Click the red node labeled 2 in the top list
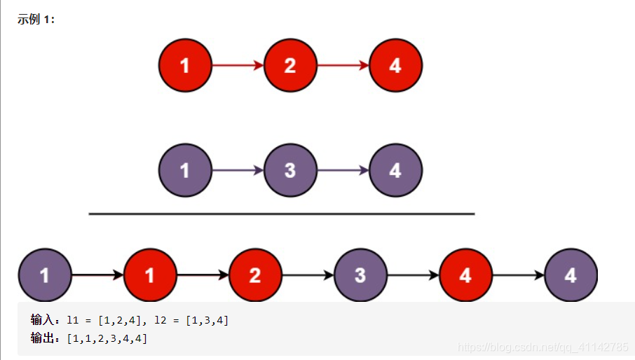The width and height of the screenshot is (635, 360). coord(290,66)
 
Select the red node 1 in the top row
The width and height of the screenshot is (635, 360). coord(185,66)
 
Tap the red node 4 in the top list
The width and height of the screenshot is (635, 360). coord(396,66)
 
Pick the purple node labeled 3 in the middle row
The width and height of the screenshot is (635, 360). coord(290,170)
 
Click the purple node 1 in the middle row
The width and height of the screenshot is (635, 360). coord(185,170)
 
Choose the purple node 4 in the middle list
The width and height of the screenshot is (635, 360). coord(396,170)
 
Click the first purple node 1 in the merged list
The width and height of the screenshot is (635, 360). coord(45,275)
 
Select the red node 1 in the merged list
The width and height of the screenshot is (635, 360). coord(150,275)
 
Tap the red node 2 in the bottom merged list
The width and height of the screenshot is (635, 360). coord(255,275)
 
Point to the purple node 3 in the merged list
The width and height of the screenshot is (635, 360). coord(360,275)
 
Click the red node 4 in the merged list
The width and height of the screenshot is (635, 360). coord(465,275)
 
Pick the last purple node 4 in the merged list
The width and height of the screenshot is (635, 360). coord(571,275)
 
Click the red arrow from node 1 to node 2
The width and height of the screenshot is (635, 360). coord(238,65)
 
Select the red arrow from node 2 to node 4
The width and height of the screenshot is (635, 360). coord(343,65)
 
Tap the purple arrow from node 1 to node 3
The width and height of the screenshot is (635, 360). coord(238,170)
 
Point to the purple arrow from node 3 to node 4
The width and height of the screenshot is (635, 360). coord(343,170)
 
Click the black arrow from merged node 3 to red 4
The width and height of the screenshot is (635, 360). coord(413,275)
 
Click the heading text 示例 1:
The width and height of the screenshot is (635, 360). coord(36,19)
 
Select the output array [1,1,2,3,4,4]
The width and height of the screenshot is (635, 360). coord(107,338)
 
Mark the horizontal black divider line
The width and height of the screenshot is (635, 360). coord(282,214)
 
